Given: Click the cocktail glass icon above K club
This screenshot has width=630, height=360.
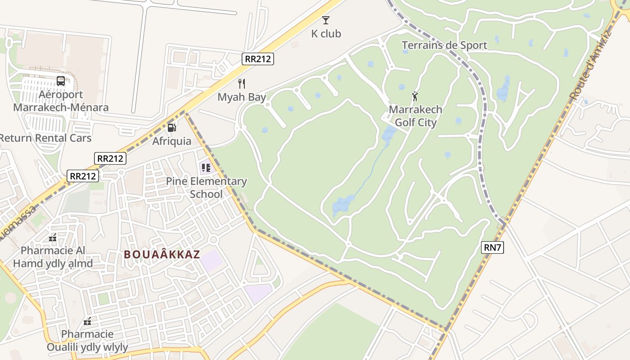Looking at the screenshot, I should point(326,20).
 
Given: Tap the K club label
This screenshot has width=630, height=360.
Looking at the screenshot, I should point(326,34).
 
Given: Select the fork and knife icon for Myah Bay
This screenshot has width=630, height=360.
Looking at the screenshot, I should point(242,83).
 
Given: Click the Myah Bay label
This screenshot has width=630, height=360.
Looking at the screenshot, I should point(242,97).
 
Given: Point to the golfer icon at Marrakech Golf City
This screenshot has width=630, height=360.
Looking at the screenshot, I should point(415,96).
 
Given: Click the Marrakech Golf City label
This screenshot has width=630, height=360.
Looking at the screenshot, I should point(415,116).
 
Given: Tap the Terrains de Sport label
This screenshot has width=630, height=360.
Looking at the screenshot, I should point(444,45).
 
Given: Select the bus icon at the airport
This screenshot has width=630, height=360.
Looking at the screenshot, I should point(61,81).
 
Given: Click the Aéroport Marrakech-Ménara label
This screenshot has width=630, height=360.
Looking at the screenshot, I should point(61,101).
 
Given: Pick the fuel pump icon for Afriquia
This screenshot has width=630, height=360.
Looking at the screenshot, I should point(171,127).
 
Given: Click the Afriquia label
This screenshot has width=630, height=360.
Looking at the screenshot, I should point(171,141).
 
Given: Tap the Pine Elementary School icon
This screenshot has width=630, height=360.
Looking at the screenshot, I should point(206,168).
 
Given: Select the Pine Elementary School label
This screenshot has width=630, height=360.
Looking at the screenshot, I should point(207,188).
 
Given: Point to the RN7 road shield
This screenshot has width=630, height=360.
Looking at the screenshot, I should point(492,247).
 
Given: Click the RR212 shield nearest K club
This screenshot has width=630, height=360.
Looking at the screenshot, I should point(258,59).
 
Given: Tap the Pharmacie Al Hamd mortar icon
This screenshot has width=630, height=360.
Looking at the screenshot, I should point(53,237).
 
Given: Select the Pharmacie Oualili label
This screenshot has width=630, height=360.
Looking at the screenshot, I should point(87,341).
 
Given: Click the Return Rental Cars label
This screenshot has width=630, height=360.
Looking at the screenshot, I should point(45,138).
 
